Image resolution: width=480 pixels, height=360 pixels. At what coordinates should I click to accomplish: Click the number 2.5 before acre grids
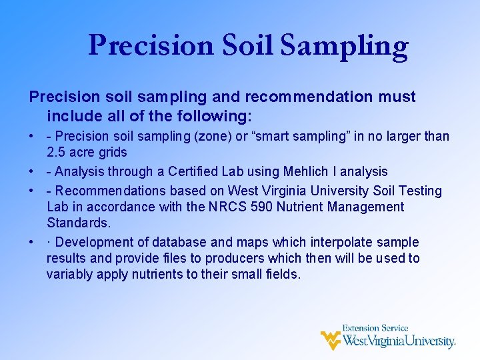click(57, 153)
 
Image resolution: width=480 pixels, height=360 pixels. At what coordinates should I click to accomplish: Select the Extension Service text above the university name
click(375, 328)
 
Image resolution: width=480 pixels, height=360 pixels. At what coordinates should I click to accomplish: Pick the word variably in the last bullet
click(69, 274)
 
